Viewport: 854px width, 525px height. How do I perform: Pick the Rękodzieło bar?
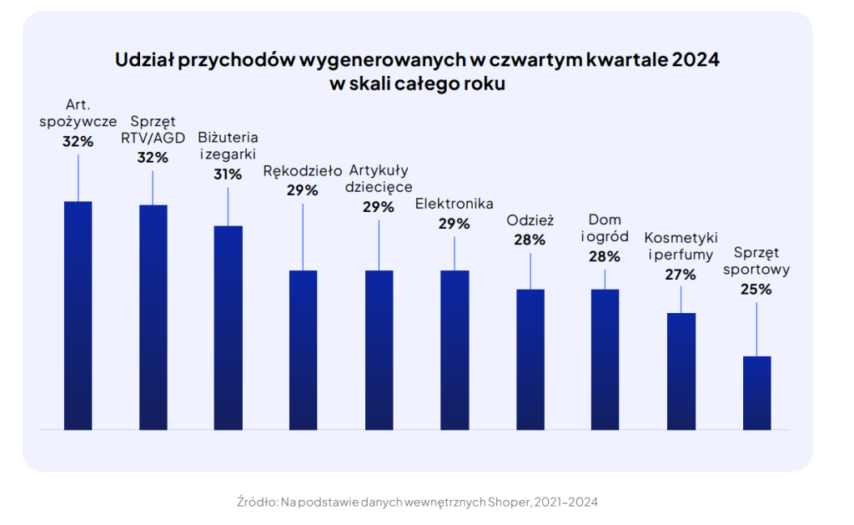tap(304, 350)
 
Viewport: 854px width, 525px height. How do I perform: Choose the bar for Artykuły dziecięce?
tap(379, 350)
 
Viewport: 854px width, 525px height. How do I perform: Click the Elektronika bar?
tap(455, 350)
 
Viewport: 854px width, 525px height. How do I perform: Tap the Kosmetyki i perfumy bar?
tap(681, 371)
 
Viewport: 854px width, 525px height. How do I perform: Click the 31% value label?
tap(228, 174)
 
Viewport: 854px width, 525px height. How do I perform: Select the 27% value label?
tap(681, 274)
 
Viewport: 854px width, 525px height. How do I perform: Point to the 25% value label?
tap(756, 290)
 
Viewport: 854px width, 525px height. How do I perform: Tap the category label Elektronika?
tap(455, 204)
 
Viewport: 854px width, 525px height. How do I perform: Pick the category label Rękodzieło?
tap(303, 171)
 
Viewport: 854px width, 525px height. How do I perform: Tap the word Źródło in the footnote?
tap(257, 502)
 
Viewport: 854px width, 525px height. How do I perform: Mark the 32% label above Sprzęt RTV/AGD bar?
tap(153, 157)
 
